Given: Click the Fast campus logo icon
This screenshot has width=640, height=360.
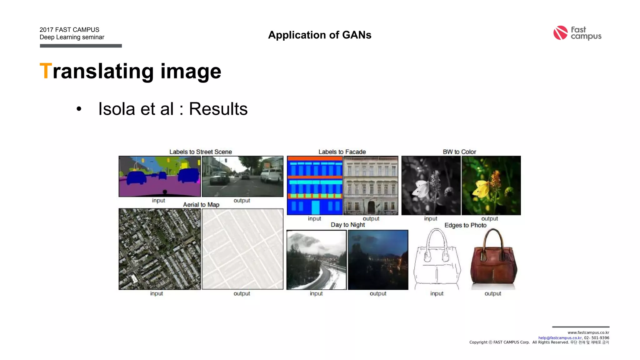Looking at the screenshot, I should (560, 33).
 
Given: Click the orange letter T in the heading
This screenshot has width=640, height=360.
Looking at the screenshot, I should (46, 71).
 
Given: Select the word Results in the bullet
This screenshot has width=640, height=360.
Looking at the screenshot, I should (218, 109).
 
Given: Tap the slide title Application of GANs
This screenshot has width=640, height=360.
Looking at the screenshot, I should (320, 35).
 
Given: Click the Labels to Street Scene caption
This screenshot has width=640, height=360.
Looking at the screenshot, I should (201, 152).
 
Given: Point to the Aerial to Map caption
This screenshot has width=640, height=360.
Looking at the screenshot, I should (201, 205).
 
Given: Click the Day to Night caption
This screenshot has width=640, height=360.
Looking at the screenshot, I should (348, 225).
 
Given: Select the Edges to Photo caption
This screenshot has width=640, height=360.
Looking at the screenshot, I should (465, 225).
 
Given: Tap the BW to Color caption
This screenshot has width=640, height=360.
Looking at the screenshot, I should (459, 152).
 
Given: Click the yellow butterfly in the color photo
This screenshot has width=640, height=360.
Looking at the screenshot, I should (482, 189).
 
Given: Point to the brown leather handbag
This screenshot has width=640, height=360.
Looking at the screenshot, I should (493, 264).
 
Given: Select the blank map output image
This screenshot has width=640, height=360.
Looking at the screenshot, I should (242, 249).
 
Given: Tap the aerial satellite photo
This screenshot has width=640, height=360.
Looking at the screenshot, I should (160, 249).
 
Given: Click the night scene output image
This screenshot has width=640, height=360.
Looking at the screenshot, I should (378, 260).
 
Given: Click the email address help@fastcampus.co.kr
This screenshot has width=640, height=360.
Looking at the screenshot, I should (560, 338).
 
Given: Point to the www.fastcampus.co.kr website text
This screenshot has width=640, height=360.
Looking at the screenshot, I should (588, 332).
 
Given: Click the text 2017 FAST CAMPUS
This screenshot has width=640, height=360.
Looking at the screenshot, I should (69, 30).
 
